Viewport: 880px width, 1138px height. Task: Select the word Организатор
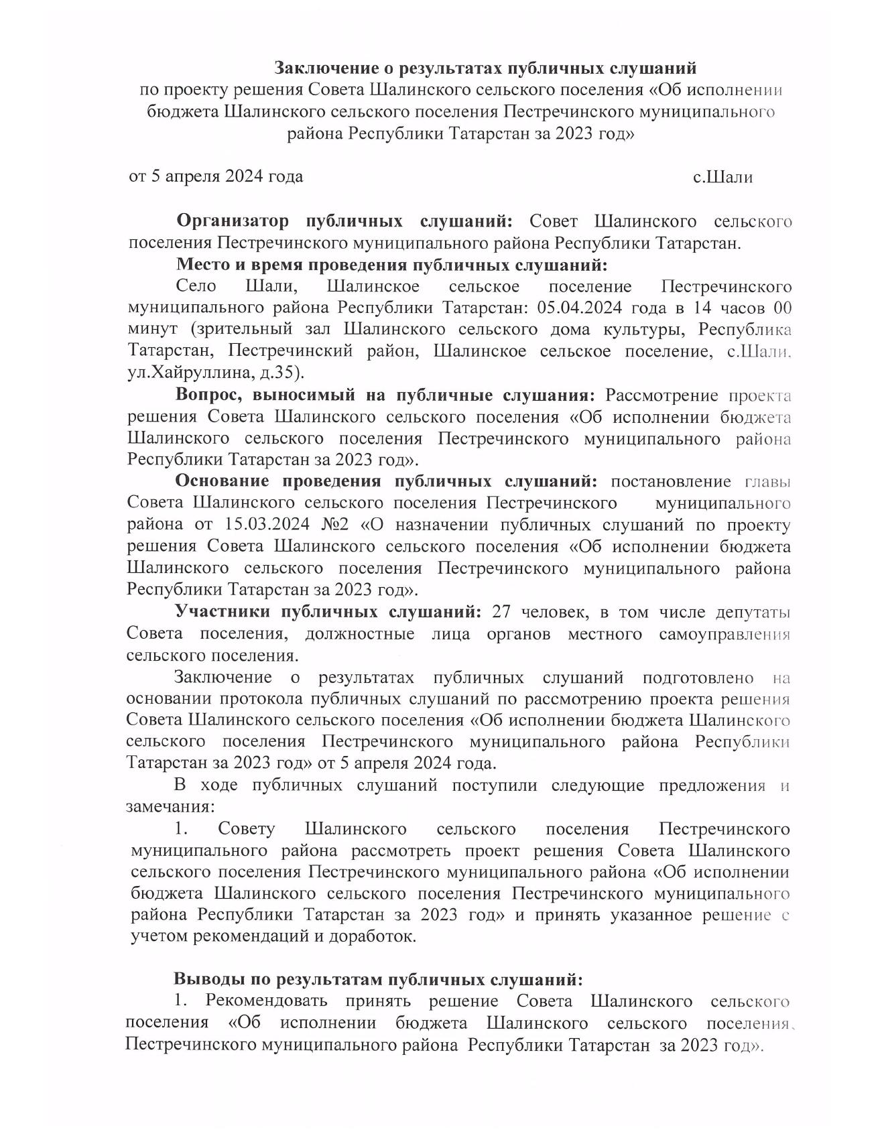(x=233, y=221)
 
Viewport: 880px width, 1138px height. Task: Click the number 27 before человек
(x=502, y=612)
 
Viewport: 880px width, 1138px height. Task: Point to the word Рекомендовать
(x=267, y=1001)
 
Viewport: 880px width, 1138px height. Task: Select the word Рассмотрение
(x=662, y=395)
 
